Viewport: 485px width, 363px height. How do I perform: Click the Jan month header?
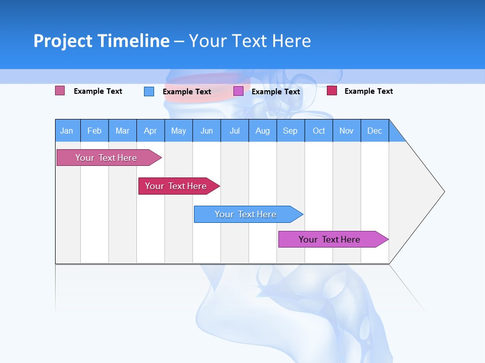pos(67,131)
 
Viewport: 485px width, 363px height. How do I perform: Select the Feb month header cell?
pos(94,131)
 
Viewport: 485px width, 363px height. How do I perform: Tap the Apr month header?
pos(150,131)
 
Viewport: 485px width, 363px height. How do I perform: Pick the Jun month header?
pos(207,131)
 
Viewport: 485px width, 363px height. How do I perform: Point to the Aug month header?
pos(262,131)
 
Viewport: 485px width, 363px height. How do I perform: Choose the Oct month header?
pos(319,131)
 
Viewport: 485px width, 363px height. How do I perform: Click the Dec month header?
pos(374,131)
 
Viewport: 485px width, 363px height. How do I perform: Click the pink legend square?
pos(60,91)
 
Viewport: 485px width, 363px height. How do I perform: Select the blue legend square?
pos(149,91)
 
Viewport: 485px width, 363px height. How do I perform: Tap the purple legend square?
pos(238,91)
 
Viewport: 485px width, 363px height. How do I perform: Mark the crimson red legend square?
pos(332,91)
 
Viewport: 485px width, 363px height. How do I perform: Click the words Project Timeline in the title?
pos(102,41)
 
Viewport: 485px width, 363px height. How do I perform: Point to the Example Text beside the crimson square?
pos(368,91)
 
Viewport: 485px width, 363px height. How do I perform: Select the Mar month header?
pos(122,131)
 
